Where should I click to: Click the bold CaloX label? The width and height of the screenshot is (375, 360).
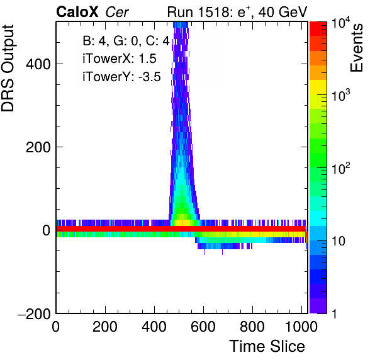(77, 12)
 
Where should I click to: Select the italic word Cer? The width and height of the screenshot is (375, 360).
(117, 12)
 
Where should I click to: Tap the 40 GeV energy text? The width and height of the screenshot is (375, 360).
(283, 12)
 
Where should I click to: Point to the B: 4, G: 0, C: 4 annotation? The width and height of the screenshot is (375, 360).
(126, 41)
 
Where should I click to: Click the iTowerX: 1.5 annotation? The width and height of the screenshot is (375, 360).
(120, 59)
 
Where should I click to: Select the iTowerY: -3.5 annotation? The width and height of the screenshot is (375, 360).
(121, 77)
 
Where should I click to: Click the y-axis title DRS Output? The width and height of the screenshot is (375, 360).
(8, 68)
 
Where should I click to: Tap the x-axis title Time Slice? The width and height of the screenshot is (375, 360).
(267, 346)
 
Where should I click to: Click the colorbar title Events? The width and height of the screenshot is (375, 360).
(356, 48)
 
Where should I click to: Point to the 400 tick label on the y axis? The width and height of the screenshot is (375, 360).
(38, 64)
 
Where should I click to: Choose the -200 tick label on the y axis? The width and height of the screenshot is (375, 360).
(34, 313)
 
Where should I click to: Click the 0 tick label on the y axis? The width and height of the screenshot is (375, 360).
(47, 230)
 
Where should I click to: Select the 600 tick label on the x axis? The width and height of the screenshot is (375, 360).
(203, 327)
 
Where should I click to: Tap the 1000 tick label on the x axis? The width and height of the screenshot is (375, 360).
(301, 327)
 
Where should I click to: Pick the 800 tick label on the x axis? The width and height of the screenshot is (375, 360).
(252, 327)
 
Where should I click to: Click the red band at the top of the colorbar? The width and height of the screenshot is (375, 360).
(318, 29)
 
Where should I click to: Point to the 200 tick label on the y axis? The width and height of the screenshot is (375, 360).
(38, 147)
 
